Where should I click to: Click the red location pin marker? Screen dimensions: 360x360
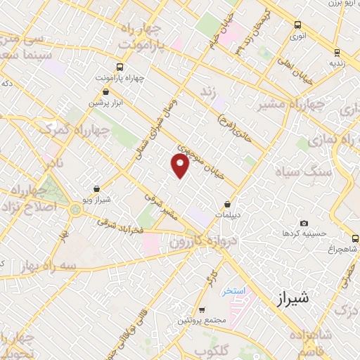180,166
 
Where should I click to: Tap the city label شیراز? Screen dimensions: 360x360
290,299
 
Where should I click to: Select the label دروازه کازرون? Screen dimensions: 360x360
193,246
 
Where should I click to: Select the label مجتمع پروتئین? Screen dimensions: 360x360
203,321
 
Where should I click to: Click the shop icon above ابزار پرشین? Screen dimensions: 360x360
105,91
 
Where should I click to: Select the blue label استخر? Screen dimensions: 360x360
231,291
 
